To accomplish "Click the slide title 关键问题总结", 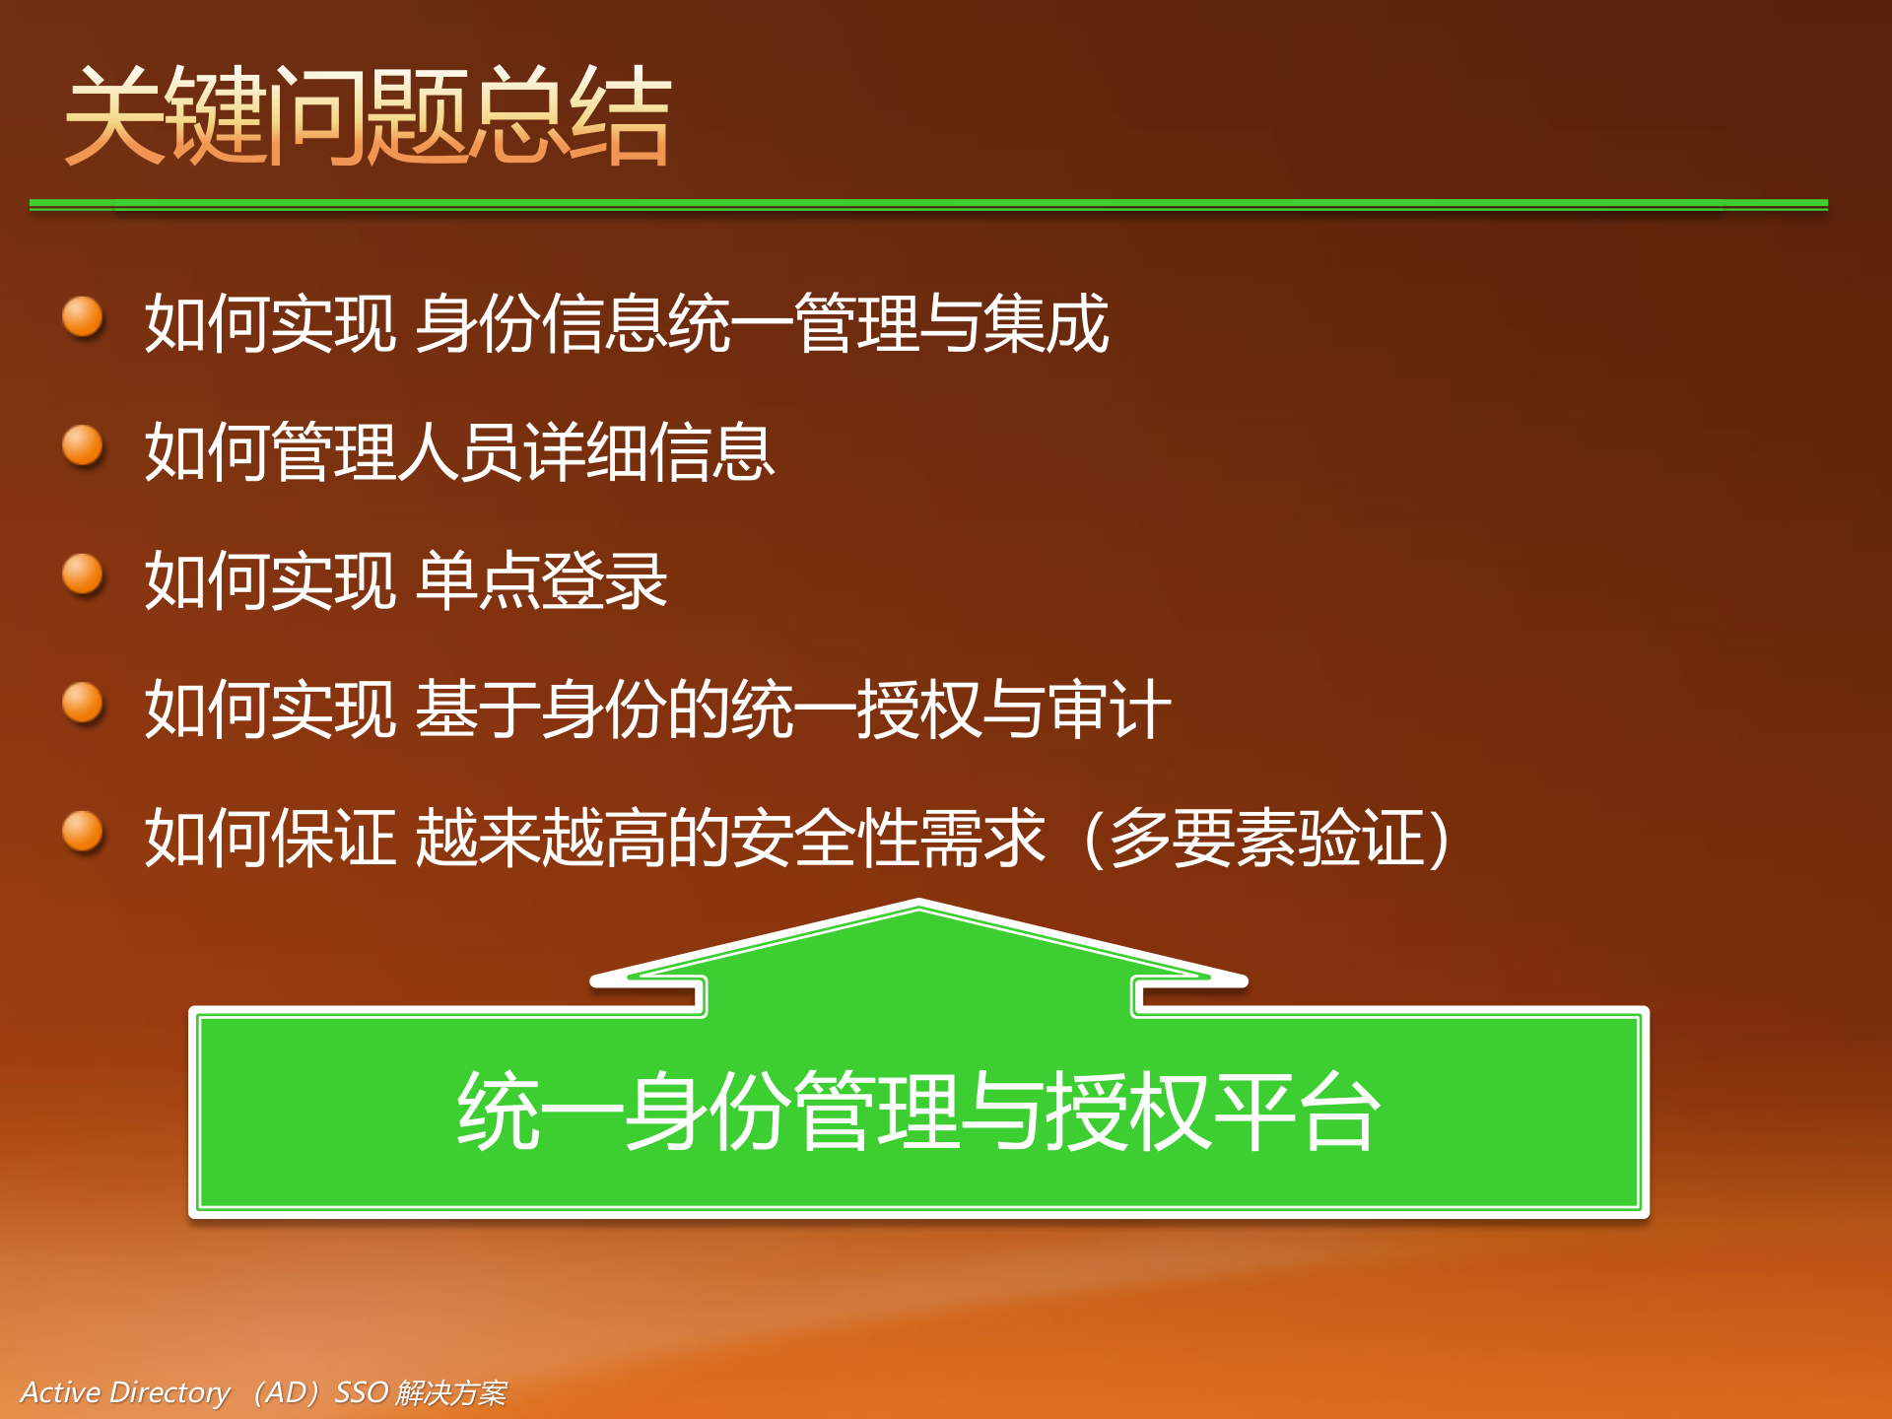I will tap(368, 115).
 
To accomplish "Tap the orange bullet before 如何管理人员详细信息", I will tap(83, 445).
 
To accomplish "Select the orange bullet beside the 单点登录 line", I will tap(83, 574).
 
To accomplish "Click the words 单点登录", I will tap(541, 580).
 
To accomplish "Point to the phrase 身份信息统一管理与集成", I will tap(762, 323).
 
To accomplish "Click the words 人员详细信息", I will tap(585, 452).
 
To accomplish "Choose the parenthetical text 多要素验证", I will tap(1266, 838).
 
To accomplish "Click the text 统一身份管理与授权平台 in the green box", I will tap(917, 1113).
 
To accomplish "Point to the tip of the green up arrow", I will tap(918, 904).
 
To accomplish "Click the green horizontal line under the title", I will tap(927, 204).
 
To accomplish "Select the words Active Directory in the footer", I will tap(125, 1392).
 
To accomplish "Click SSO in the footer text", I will tap(361, 1392).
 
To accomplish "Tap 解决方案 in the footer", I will tap(451, 1392).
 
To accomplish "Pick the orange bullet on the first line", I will tap(83, 317).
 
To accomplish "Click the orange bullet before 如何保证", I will tap(83, 831).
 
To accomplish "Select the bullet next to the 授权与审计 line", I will tap(83, 703).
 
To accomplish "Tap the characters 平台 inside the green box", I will tap(1296, 1113).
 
